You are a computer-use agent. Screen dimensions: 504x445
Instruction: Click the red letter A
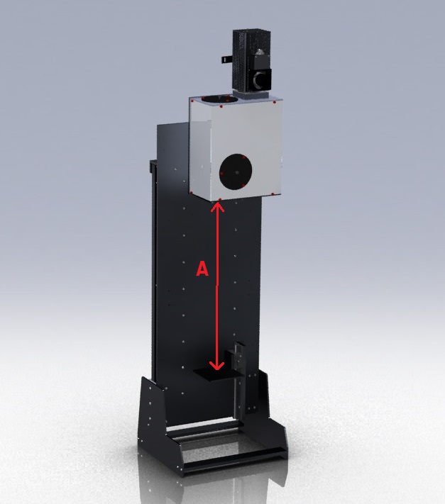point(202,269)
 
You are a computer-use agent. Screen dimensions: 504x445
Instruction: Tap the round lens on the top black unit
point(260,77)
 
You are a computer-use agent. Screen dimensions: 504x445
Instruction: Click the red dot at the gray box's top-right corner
point(274,103)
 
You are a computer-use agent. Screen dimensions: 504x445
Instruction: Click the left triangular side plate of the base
point(151,418)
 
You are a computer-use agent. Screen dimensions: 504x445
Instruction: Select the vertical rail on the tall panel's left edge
point(150,269)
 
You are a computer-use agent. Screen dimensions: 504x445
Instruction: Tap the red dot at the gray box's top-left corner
point(192,101)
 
